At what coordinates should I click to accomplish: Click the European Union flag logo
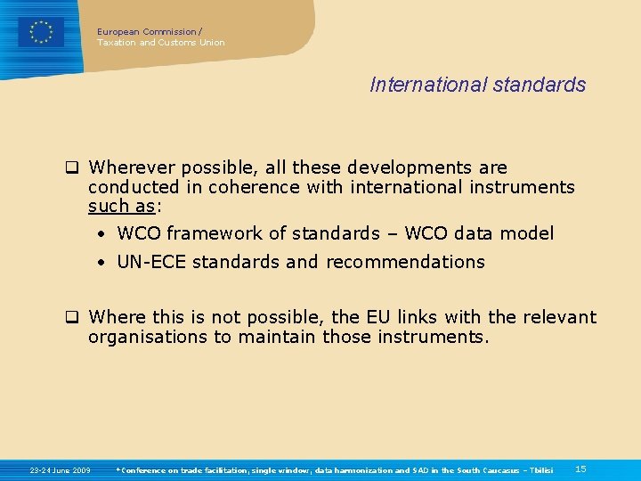(41, 32)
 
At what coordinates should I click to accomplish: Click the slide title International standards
(477, 85)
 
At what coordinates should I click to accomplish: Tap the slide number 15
(580, 469)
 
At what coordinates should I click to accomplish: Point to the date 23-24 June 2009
(60, 469)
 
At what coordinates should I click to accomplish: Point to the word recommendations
(405, 262)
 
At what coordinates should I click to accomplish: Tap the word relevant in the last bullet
(556, 317)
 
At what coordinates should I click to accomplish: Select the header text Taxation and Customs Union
(160, 42)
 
